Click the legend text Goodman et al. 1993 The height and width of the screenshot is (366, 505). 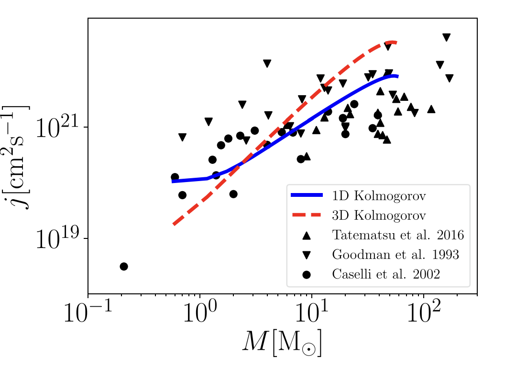coord(395,255)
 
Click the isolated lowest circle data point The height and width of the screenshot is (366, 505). coord(124,266)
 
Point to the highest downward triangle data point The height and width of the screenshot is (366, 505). coord(447,37)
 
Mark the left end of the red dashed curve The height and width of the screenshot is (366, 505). coord(174,224)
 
